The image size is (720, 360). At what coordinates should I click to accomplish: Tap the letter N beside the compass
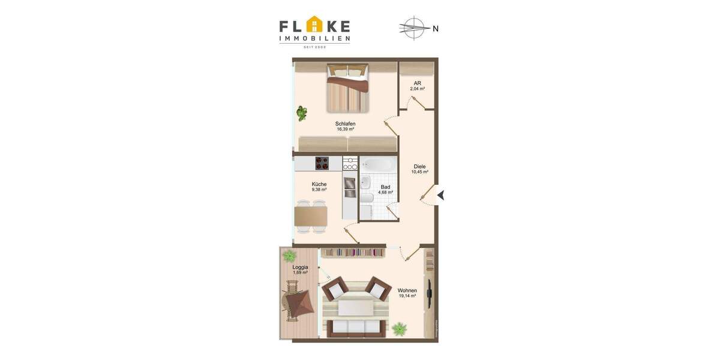(x=436, y=28)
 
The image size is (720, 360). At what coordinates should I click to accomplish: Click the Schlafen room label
(x=345, y=124)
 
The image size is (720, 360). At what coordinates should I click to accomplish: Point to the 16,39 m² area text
(x=345, y=130)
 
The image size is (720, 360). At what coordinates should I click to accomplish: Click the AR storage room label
(x=417, y=83)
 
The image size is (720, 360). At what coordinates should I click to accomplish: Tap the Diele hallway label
(x=419, y=166)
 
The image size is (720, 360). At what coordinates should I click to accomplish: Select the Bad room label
(x=385, y=187)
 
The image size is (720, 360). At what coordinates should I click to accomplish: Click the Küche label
(x=319, y=184)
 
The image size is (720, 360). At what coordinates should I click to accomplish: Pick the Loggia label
(x=300, y=267)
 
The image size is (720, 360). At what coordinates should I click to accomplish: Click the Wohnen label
(x=407, y=290)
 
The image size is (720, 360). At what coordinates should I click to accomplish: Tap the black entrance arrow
(x=440, y=195)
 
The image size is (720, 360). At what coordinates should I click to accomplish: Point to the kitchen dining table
(x=311, y=214)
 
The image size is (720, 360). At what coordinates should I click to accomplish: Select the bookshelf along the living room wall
(x=352, y=253)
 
